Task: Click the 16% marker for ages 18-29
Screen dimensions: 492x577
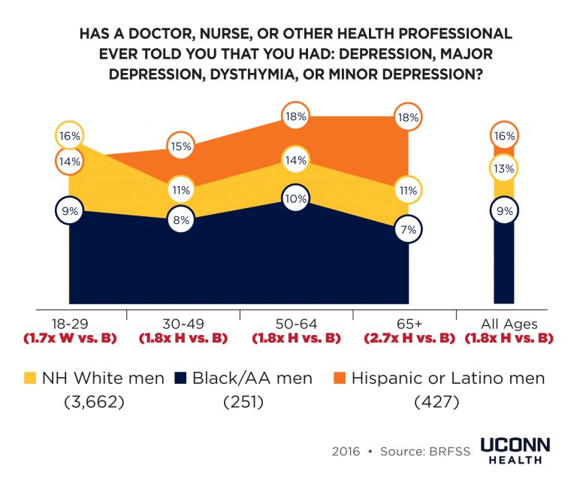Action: point(69,136)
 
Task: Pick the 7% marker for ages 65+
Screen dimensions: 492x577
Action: point(410,230)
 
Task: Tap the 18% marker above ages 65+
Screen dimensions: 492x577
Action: point(410,116)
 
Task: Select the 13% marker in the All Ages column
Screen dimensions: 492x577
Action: point(504,168)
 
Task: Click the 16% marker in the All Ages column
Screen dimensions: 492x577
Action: point(504,136)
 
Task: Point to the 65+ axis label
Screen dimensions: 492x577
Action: point(410,324)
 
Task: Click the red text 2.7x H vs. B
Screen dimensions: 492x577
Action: point(410,338)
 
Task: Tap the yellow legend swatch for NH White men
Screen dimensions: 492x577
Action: point(30,379)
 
